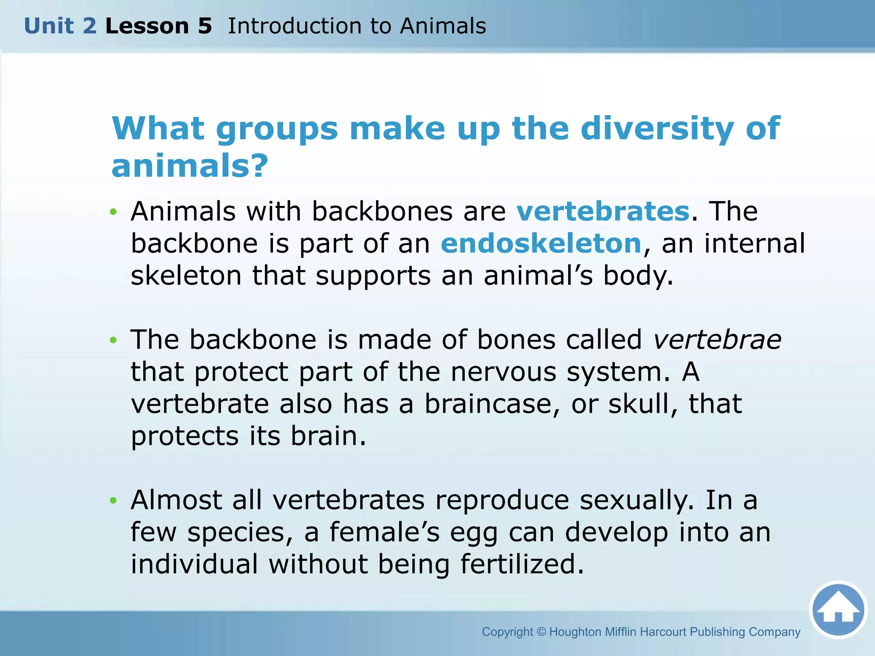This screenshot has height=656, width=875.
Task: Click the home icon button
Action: (x=838, y=610)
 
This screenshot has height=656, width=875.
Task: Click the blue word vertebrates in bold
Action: (x=603, y=211)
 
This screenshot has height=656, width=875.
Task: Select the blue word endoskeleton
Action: (x=541, y=243)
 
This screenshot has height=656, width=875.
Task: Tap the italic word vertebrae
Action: (x=717, y=340)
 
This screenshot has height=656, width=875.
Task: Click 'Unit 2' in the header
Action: (x=60, y=26)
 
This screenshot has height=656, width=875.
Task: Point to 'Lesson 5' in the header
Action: (x=159, y=26)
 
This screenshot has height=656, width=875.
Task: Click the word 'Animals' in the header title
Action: (x=443, y=26)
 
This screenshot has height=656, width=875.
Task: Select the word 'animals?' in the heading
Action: (x=190, y=166)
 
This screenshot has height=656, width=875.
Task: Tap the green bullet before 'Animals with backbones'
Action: (x=113, y=212)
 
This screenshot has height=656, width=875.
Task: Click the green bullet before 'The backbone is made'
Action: (x=113, y=340)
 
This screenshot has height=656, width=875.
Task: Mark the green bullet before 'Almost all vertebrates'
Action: (x=113, y=501)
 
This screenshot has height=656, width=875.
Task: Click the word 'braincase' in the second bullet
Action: (x=492, y=404)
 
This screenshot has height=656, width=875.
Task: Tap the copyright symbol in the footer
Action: (x=541, y=632)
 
